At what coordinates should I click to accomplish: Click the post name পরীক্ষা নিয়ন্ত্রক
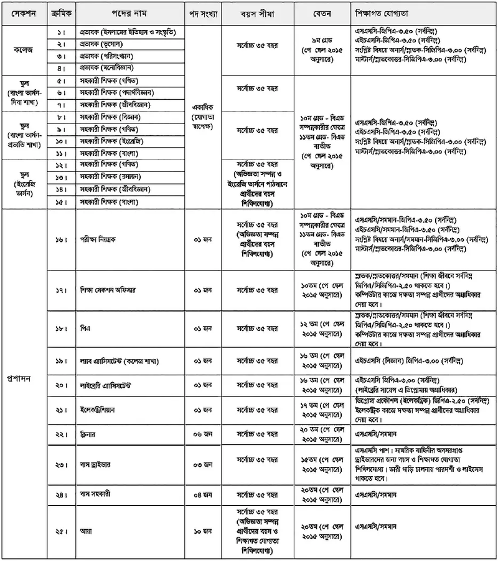coord(96,238)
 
